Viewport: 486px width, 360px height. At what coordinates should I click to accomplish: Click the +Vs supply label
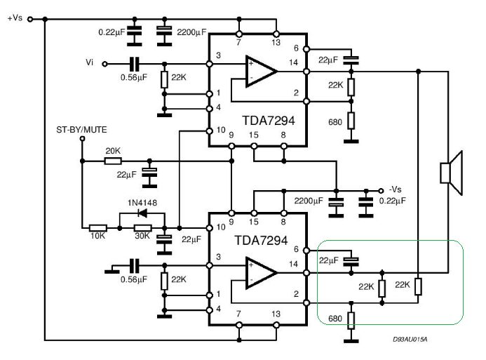coord(15,18)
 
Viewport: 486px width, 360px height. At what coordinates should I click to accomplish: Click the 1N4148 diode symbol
coord(142,214)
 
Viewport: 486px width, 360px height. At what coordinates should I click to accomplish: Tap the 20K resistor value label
coord(112,150)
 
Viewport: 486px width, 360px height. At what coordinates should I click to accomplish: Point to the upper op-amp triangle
coord(260,69)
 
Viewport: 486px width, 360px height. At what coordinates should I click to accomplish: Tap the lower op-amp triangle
coord(260,272)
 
